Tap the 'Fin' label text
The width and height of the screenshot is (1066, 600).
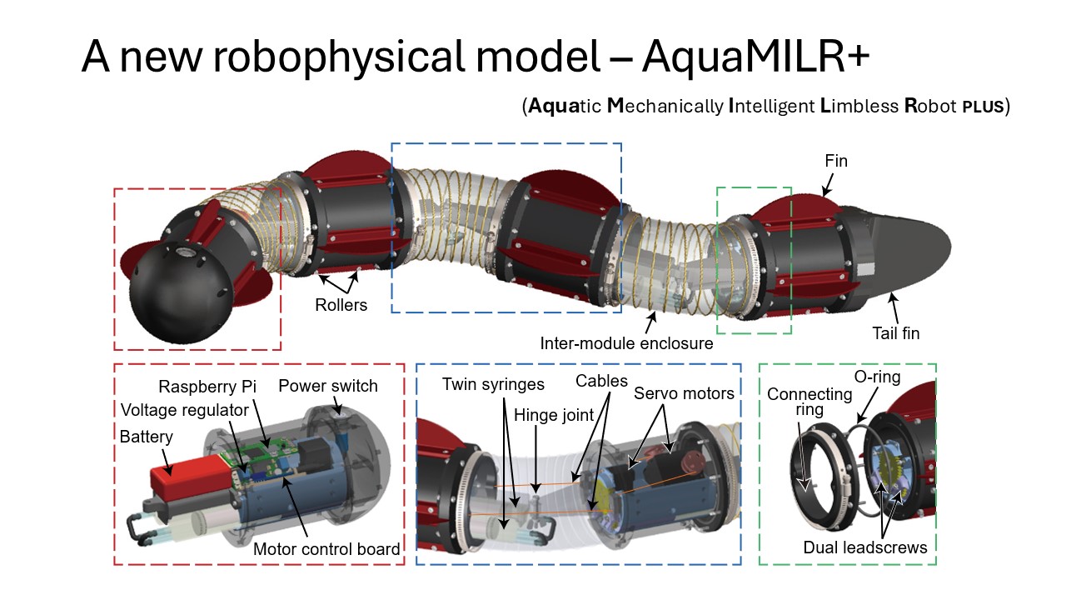point(835,161)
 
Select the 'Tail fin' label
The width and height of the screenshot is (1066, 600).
point(895,333)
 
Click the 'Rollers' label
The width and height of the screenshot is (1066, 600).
point(341,305)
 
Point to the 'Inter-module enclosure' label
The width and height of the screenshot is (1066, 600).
point(626,342)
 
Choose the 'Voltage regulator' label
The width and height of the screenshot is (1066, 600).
point(184,410)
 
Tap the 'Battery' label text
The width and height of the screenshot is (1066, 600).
point(147,436)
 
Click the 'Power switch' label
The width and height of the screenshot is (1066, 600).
point(327,387)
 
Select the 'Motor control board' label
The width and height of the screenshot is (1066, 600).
point(326,548)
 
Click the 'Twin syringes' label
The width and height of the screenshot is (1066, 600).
point(493,384)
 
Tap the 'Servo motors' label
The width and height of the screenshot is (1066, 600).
point(684,393)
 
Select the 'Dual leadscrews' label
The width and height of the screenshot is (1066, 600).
point(864,547)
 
